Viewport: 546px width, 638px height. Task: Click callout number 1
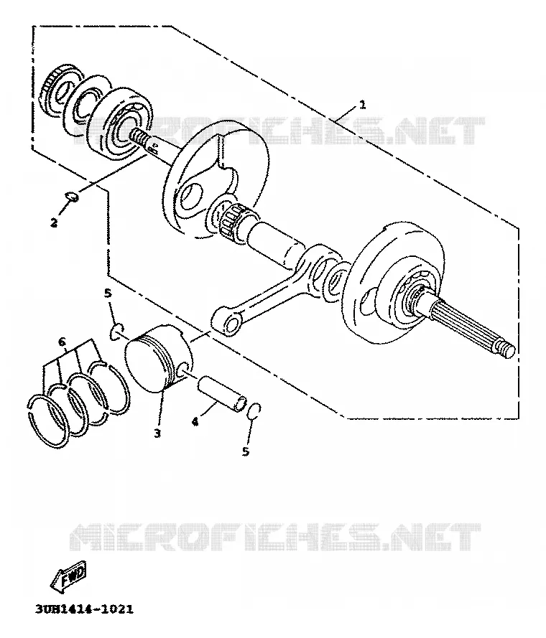(x=362, y=105)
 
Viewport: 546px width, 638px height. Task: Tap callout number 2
(x=54, y=222)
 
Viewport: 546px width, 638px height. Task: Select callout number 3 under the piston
(x=157, y=433)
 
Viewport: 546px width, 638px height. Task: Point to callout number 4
(x=195, y=422)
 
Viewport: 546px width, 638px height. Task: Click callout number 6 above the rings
(x=62, y=342)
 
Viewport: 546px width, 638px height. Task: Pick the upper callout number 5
(x=108, y=293)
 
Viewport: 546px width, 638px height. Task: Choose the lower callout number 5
(x=245, y=451)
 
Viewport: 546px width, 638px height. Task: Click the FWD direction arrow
(x=68, y=576)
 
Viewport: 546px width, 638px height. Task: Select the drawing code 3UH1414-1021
(x=84, y=609)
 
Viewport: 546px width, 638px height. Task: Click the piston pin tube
(x=223, y=393)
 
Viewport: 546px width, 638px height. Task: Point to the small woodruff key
(x=73, y=197)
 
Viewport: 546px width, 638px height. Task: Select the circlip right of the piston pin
(x=254, y=411)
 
